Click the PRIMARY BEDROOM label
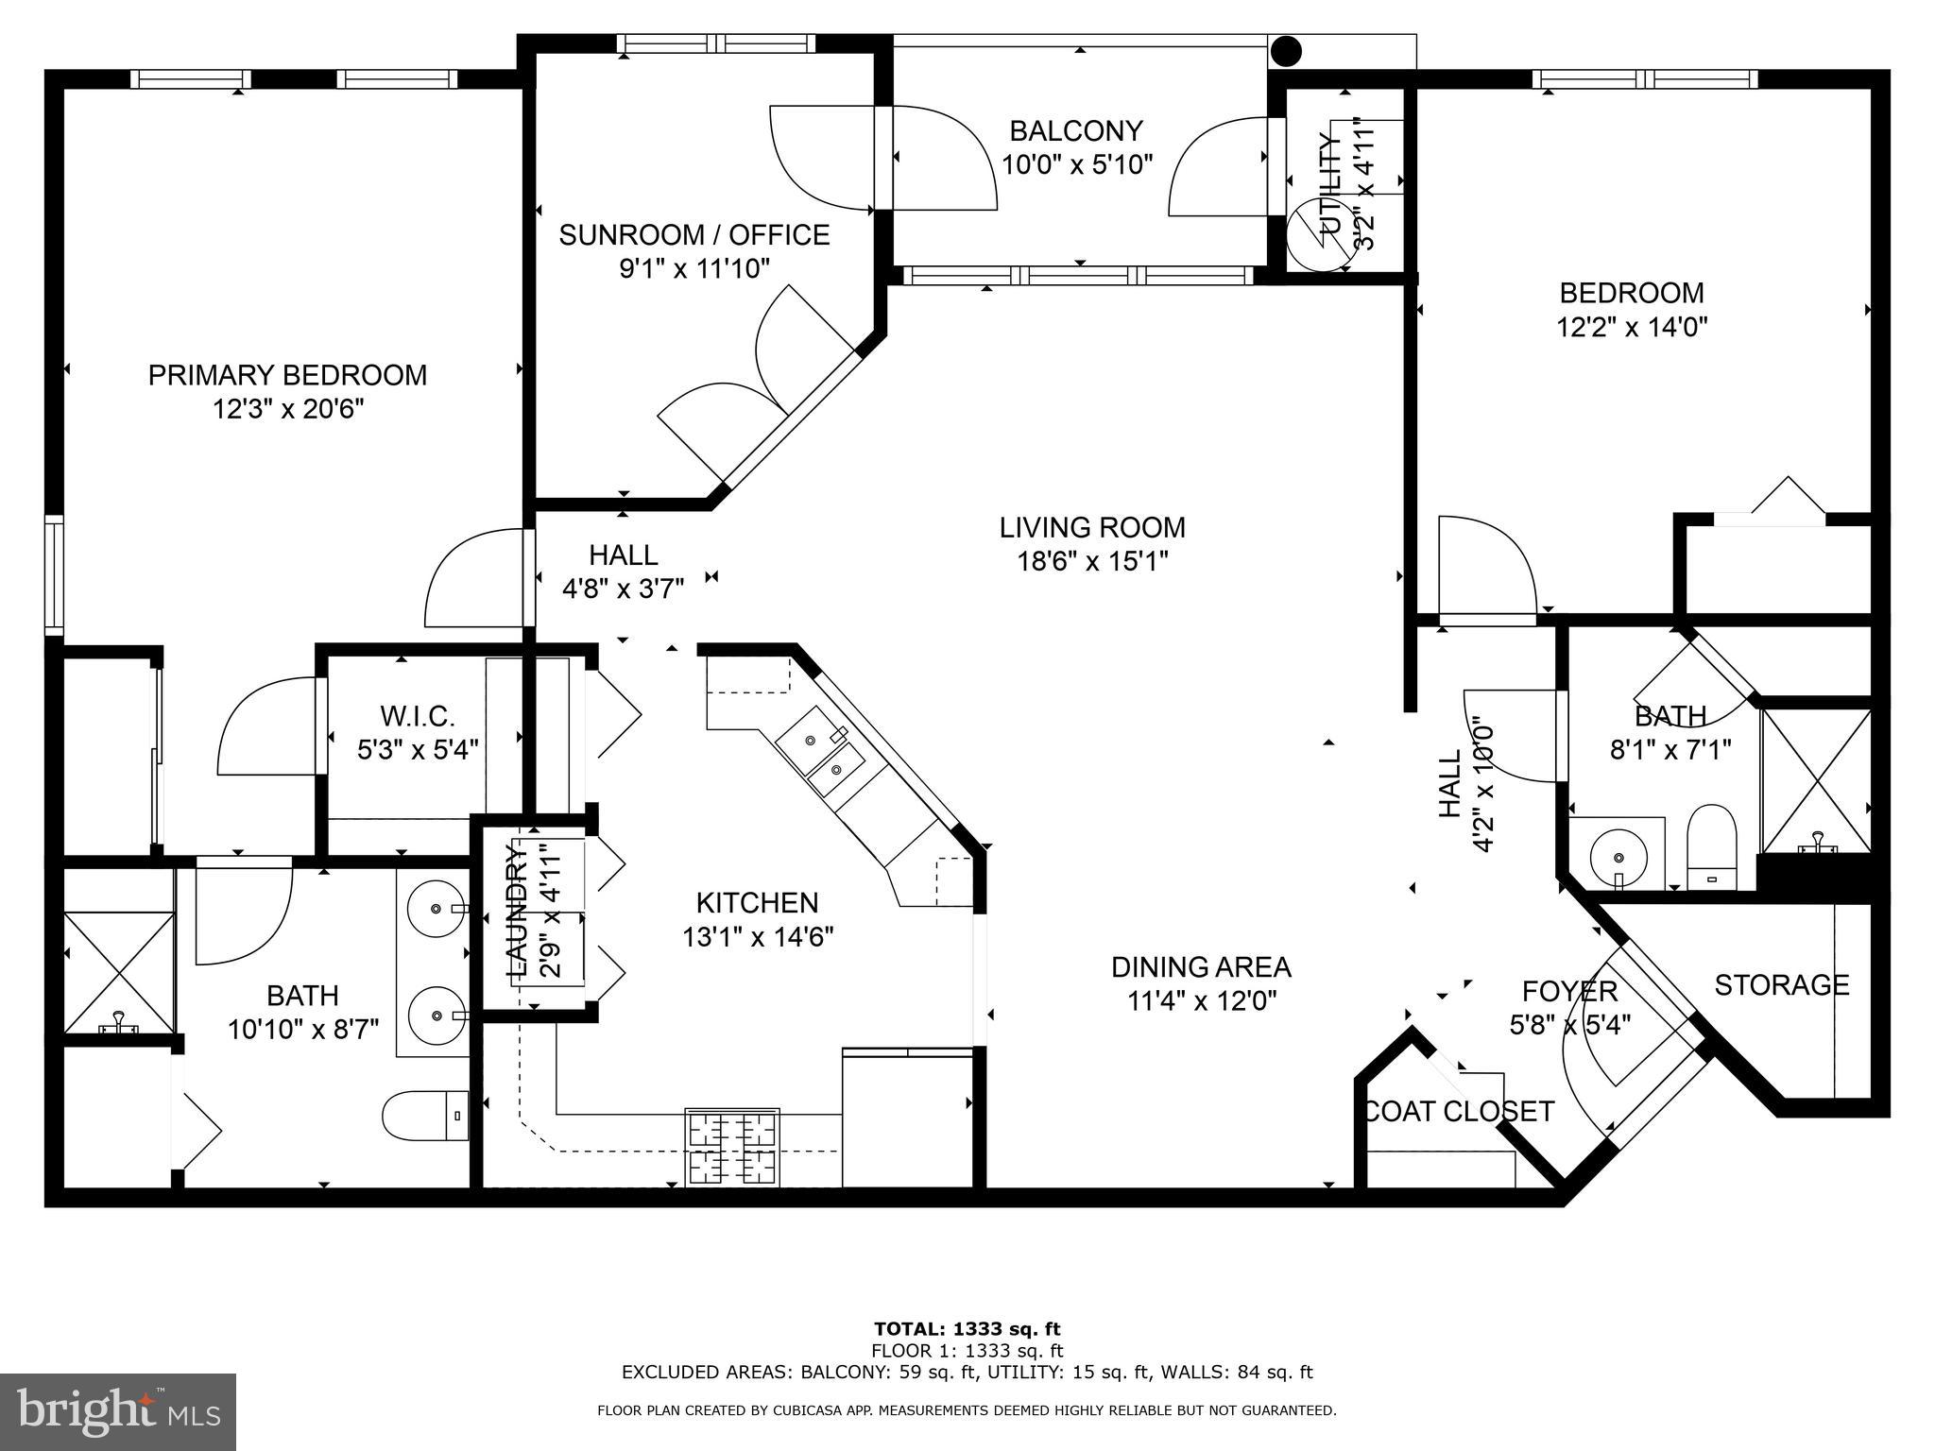pos(287,375)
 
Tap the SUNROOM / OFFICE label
pos(694,234)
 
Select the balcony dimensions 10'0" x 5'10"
pos(1077,164)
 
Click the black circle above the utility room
pos(1286,51)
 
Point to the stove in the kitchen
pos(732,1147)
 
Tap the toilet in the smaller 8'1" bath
pos(1712,848)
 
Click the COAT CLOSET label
pos(1458,1111)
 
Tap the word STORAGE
pos(1781,985)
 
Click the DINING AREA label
pos(1200,966)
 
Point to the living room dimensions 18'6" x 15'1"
pos(1092,561)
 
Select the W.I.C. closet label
pos(418,715)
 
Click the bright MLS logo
pos(117,1411)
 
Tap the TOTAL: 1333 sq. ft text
pos(967,1329)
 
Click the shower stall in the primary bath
pos(119,972)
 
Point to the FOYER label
pos(1569,991)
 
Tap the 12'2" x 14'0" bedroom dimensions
pos(1632,327)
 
